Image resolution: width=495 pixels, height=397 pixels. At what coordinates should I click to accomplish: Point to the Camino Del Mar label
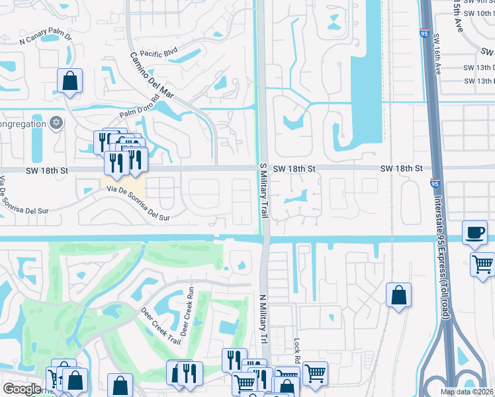(x=151, y=75)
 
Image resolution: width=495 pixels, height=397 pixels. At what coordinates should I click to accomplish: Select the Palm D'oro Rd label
(x=140, y=110)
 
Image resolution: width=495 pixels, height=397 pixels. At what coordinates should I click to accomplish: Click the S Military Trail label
(x=263, y=193)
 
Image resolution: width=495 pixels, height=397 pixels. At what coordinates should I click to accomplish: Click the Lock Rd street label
(x=297, y=351)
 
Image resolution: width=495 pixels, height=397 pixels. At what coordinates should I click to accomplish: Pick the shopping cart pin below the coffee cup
(x=483, y=263)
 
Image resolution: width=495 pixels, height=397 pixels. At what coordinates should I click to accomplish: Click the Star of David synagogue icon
(x=57, y=123)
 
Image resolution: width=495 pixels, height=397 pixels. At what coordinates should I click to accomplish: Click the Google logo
(x=22, y=389)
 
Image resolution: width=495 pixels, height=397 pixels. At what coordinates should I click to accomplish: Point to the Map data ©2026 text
(x=467, y=392)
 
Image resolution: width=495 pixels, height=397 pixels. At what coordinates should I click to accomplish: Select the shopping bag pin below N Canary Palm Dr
(x=69, y=82)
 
